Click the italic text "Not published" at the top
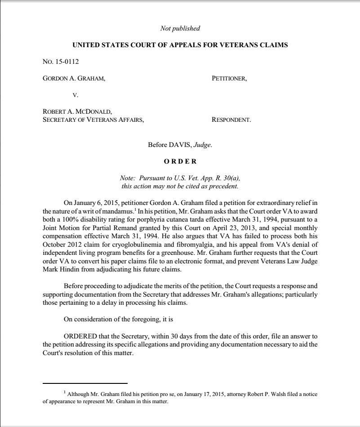(180, 29)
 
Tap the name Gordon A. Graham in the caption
(74, 78)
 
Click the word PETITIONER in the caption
(229, 78)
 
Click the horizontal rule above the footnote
(85, 383)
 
